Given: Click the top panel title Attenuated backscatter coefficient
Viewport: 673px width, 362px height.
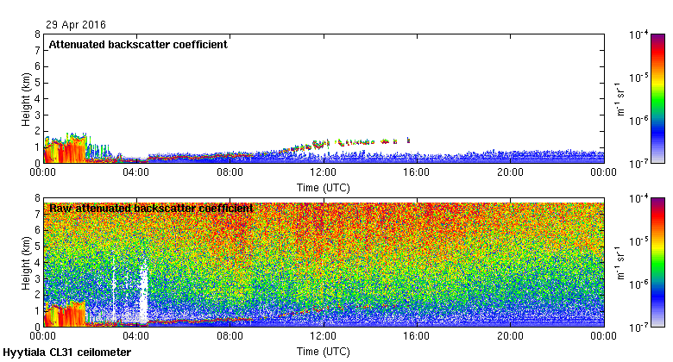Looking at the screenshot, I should (x=137, y=45).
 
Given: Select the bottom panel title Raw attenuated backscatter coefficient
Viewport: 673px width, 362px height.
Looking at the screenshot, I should (x=151, y=208).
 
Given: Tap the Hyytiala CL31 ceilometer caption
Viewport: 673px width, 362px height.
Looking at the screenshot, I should (x=67, y=353).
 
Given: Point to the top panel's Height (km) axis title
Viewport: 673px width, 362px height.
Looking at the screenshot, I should (x=26, y=98).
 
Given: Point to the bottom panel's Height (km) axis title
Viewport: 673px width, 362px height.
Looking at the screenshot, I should (x=26, y=262).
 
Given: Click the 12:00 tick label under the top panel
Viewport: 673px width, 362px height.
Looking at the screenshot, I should (x=324, y=173).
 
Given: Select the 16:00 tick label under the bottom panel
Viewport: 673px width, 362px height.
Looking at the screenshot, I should (x=417, y=337).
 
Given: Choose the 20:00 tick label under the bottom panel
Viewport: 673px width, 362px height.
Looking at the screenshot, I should (x=510, y=337).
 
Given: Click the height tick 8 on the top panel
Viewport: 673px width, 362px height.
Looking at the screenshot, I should (x=36, y=34).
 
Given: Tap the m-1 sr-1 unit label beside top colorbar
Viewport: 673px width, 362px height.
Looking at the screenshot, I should (x=619, y=98).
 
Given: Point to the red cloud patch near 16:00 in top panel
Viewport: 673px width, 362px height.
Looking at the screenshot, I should (x=408, y=140).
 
